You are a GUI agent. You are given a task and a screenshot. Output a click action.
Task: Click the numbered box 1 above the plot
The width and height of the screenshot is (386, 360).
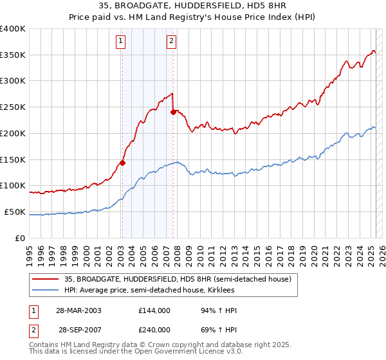(x=121, y=42)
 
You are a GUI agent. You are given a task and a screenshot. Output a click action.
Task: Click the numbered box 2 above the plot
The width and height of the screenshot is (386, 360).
(x=171, y=42)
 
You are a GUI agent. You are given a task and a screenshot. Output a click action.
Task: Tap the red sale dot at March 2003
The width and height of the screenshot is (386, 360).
(x=122, y=163)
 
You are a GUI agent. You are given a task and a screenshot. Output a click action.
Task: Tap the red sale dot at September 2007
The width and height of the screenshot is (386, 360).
(x=173, y=112)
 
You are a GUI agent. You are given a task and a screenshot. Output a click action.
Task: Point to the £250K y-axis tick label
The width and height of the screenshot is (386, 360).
(x=13, y=107)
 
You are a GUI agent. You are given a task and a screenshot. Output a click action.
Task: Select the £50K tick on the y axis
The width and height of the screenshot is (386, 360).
(x=15, y=212)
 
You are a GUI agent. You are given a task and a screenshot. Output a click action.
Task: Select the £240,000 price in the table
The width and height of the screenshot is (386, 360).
(x=154, y=329)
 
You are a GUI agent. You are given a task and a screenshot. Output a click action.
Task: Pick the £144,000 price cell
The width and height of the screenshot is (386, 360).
(x=154, y=310)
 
